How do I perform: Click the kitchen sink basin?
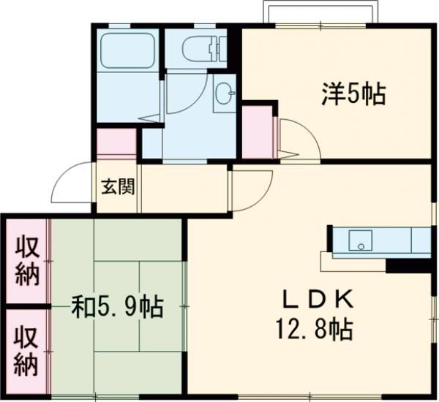361,239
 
